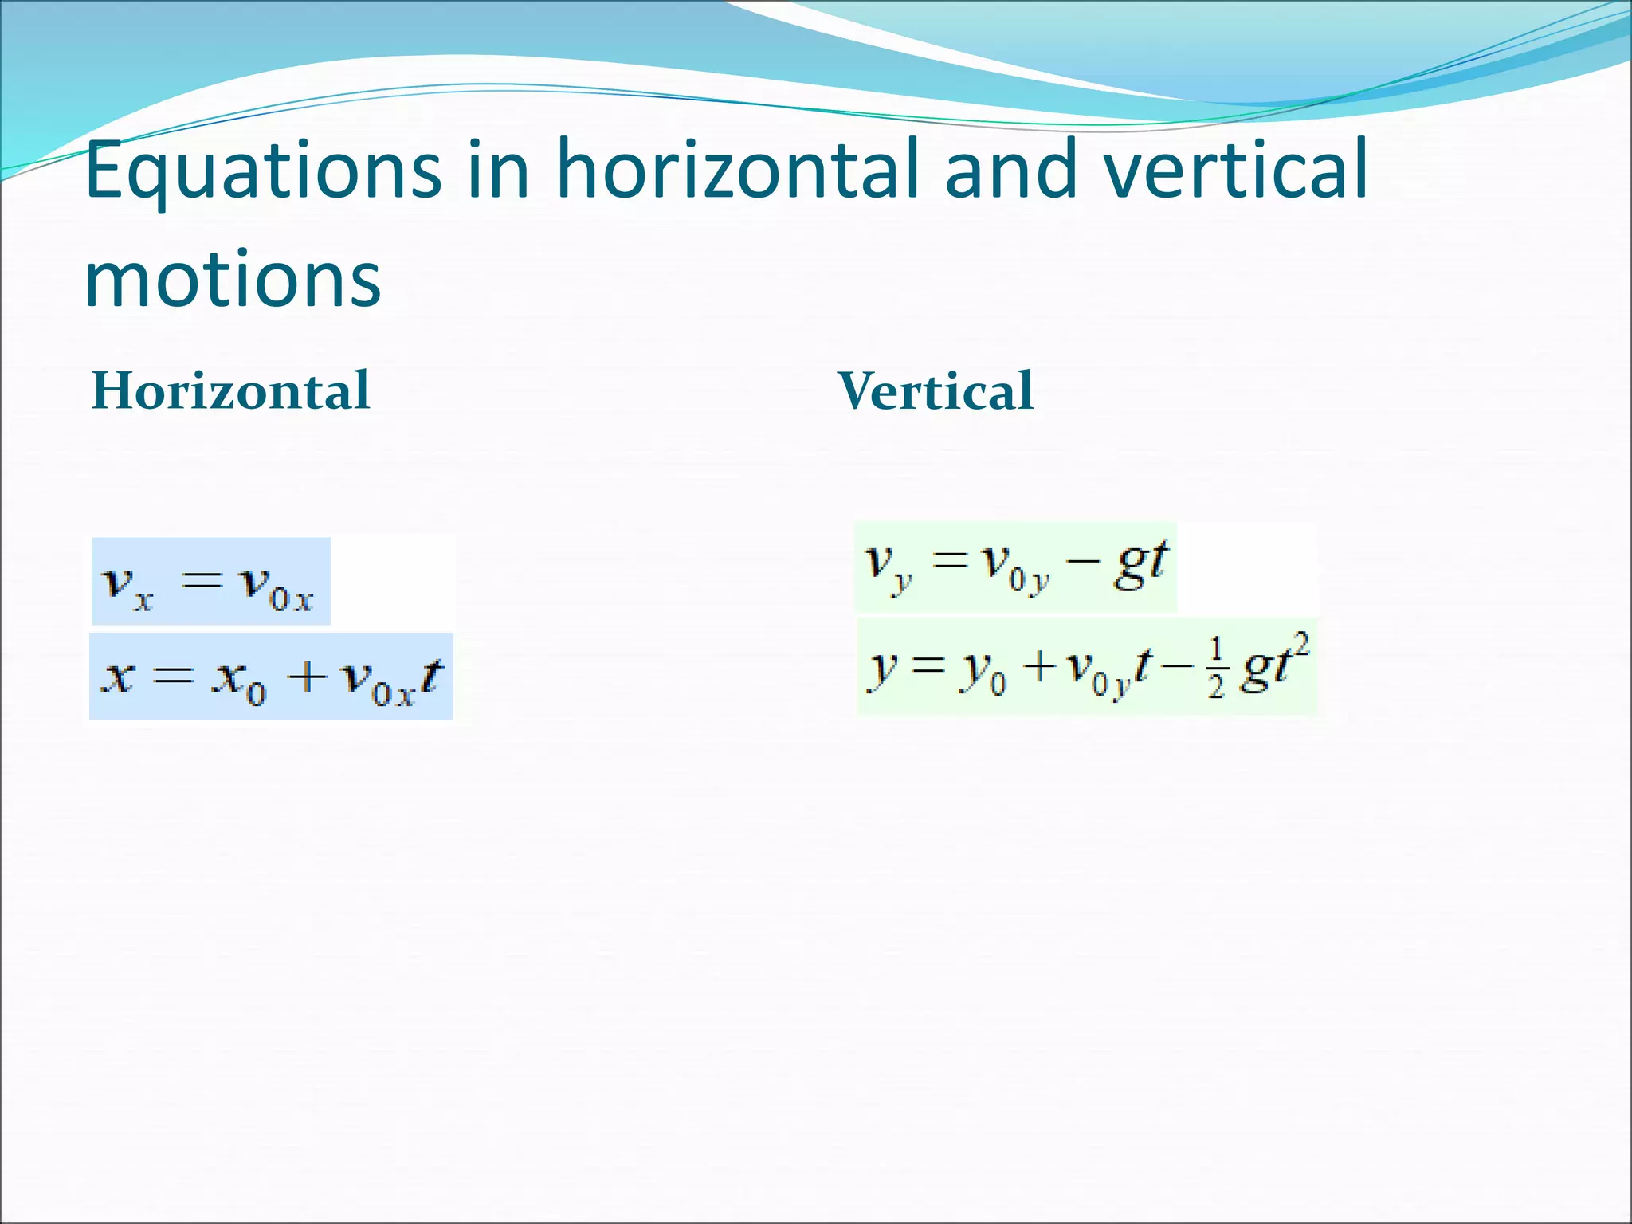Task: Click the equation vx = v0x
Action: [x=210, y=582]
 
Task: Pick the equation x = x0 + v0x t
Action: [x=271, y=677]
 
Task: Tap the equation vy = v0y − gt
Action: [x=1015, y=567]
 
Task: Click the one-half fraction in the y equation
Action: [x=1215, y=676]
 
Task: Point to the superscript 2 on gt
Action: [x=1301, y=642]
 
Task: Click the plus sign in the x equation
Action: [x=307, y=677]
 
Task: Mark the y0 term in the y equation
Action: [x=983, y=672]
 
